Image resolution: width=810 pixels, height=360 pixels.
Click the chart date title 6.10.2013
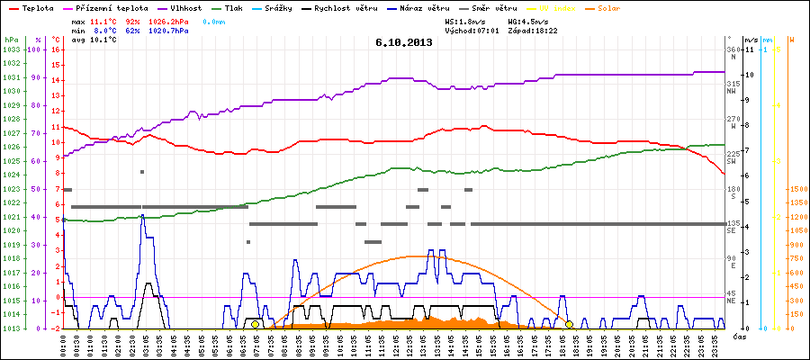pos(404,42)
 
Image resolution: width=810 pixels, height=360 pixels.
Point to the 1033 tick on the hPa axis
pos(11,49)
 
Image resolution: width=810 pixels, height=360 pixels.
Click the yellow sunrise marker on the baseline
pos(255,324)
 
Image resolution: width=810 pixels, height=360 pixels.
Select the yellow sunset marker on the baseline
pos(569,324)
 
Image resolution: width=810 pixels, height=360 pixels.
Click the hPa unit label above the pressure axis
pos(11,40)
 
